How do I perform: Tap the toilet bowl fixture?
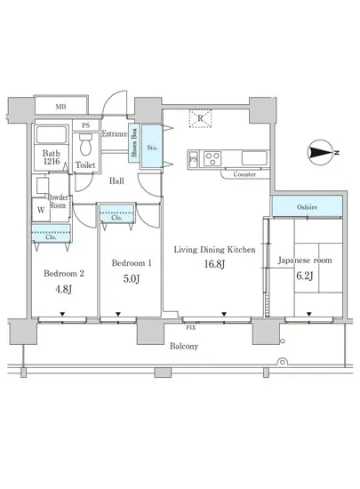[85, 145]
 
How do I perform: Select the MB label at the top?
[60, 107]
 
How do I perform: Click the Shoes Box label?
[134, 143]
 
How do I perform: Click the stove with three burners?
[212, 158]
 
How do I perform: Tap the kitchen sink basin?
[254, 158]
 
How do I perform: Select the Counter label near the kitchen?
[244, 174]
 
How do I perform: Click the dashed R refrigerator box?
[200, 118]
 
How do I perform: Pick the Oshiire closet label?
[307, 207]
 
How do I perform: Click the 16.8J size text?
[214, 264]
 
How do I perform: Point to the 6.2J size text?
[305, 276]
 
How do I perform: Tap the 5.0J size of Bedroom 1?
[132, 278]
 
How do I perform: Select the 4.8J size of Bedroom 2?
[64, 289]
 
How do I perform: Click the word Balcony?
[184, 346]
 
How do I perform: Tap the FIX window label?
[191, 328]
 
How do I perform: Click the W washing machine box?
[41, 210]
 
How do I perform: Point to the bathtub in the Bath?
[52, 134]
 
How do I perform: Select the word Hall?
[116, 180]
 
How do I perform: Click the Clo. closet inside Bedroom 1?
[116, 213]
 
